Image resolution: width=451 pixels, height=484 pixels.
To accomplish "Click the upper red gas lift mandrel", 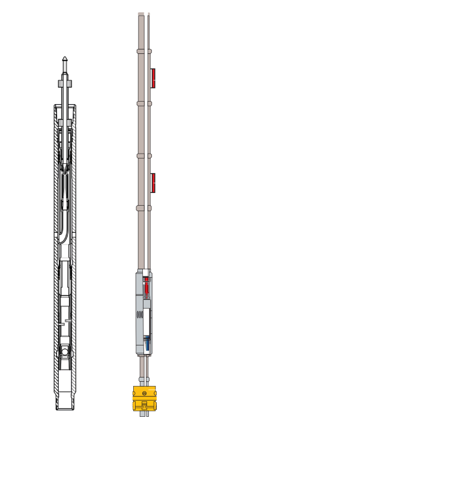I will [154, 79].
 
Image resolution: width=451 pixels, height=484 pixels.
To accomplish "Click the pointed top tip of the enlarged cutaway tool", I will [64, 60].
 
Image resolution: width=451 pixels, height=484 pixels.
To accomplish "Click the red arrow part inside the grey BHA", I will [146, 284].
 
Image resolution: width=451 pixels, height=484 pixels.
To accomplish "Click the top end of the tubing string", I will [142, 13].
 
